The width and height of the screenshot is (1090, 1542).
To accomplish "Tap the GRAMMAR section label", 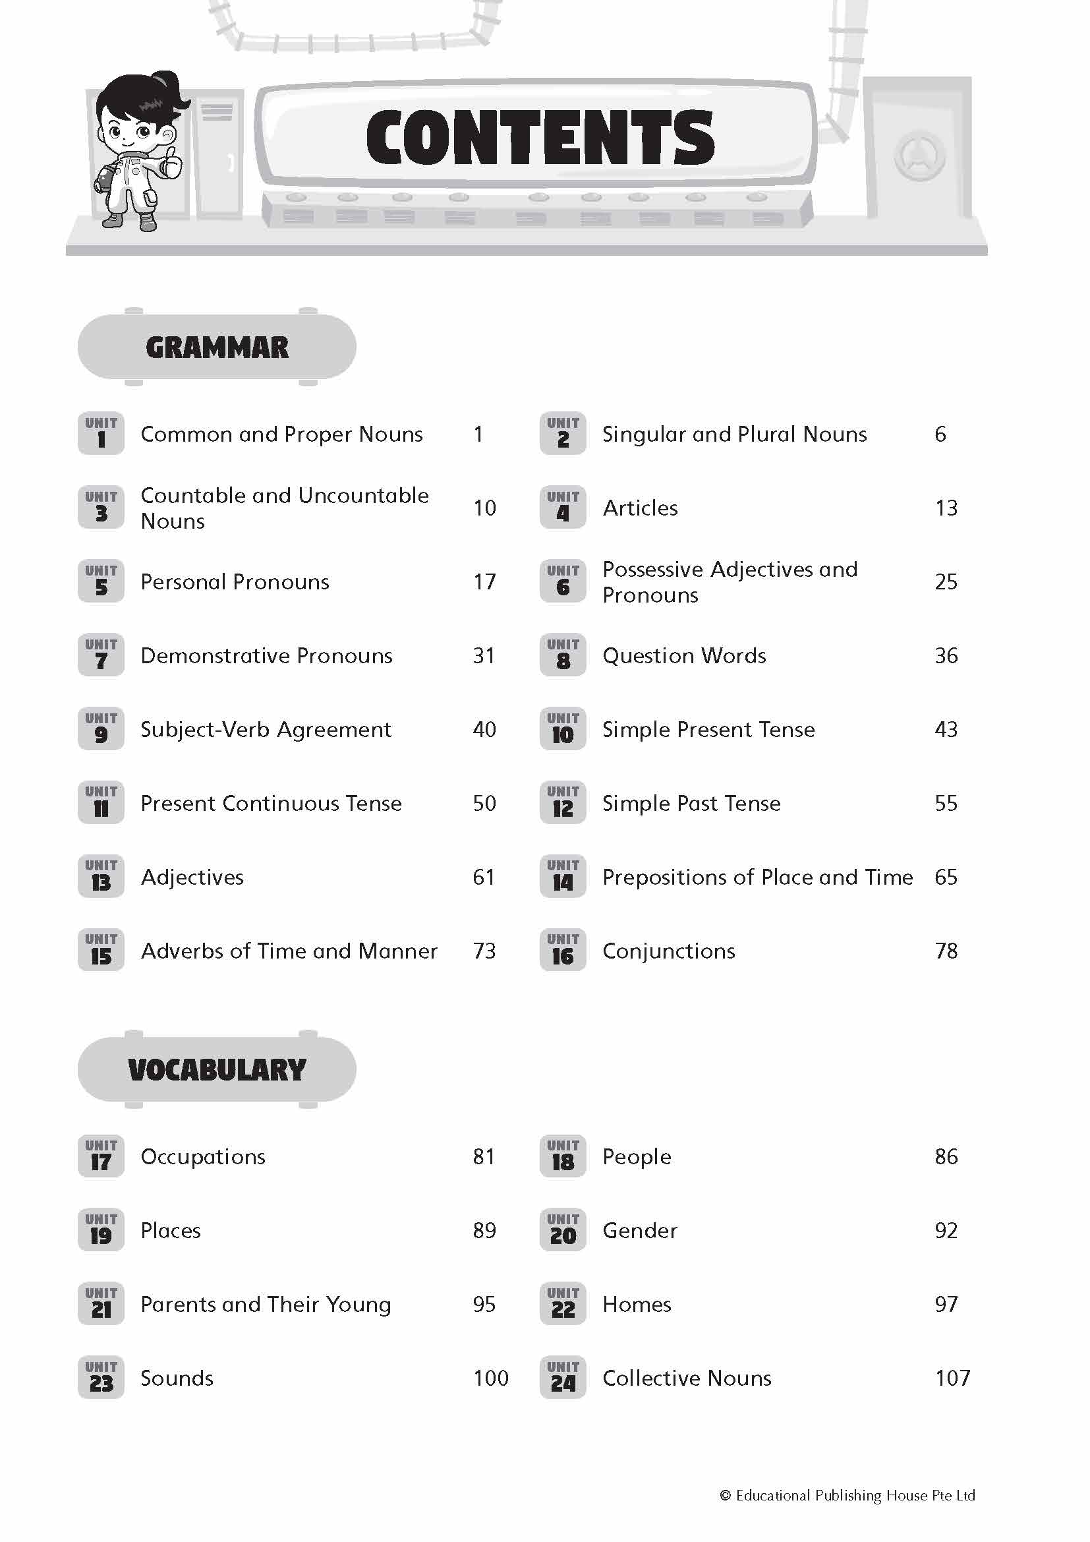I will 217,347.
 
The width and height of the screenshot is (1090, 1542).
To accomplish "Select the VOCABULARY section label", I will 217,1069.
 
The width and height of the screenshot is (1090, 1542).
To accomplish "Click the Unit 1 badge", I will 101,433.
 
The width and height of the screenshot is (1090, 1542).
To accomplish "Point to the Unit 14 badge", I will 562,876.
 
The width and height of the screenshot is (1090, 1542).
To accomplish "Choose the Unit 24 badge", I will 562,1377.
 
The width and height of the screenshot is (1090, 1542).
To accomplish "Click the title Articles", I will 640,508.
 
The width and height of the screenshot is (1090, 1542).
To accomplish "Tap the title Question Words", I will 684,655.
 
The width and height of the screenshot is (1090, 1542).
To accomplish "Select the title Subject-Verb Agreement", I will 266,729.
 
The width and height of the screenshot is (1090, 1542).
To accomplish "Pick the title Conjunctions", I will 668,951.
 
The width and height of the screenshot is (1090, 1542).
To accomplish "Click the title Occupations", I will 203,1156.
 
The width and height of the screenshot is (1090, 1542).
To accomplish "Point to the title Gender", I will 640,1230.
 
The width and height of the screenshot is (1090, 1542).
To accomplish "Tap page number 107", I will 952,1378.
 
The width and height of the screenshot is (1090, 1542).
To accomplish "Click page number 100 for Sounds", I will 491,1378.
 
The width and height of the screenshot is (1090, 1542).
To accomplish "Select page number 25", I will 946,581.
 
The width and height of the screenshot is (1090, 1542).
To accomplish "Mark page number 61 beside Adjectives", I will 483,877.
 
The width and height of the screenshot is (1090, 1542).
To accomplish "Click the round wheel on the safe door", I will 919,156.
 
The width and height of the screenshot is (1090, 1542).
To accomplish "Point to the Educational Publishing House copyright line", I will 847,1495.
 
